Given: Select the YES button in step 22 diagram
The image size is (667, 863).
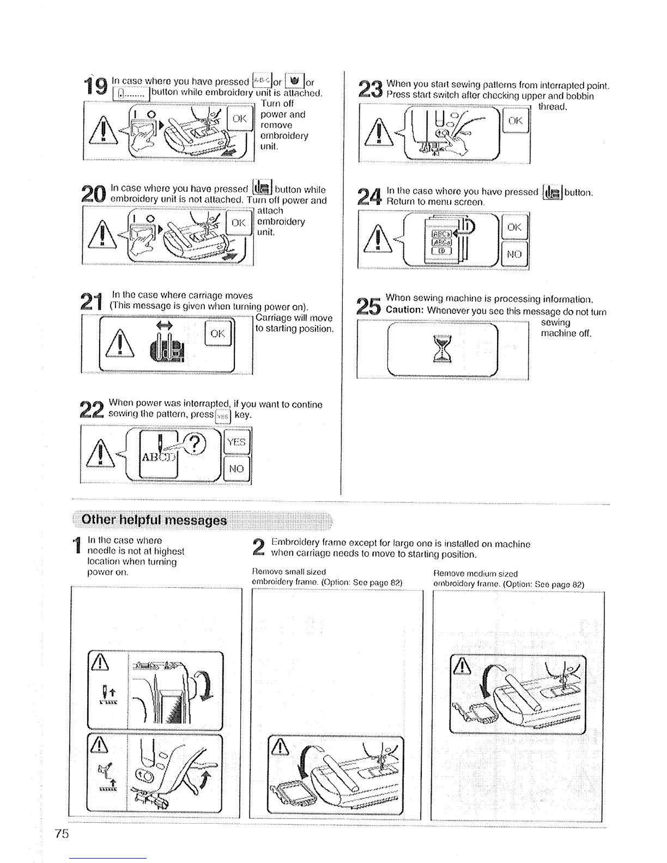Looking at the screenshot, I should (x=237, y=442).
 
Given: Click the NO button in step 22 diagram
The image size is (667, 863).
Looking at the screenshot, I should (x=237, y=469).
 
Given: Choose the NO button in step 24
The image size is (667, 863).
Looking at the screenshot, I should (x=514, y=254).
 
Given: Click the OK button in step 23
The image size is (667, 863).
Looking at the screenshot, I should (x=516, y=121).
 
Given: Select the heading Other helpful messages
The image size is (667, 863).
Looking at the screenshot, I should (x=154, y=520).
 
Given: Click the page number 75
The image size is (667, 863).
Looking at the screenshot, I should (x=62, y=834).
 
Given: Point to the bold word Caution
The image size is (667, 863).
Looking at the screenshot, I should (x=405, y=311).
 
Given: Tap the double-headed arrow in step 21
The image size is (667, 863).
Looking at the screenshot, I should (x=164, y=325).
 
